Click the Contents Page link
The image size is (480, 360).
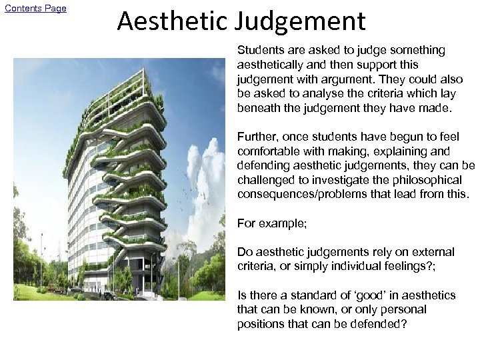click(x=35, y=8)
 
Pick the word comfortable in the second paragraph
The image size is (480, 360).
click(x=268, y=151)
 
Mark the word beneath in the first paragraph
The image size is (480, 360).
click(x=258, y=108)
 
